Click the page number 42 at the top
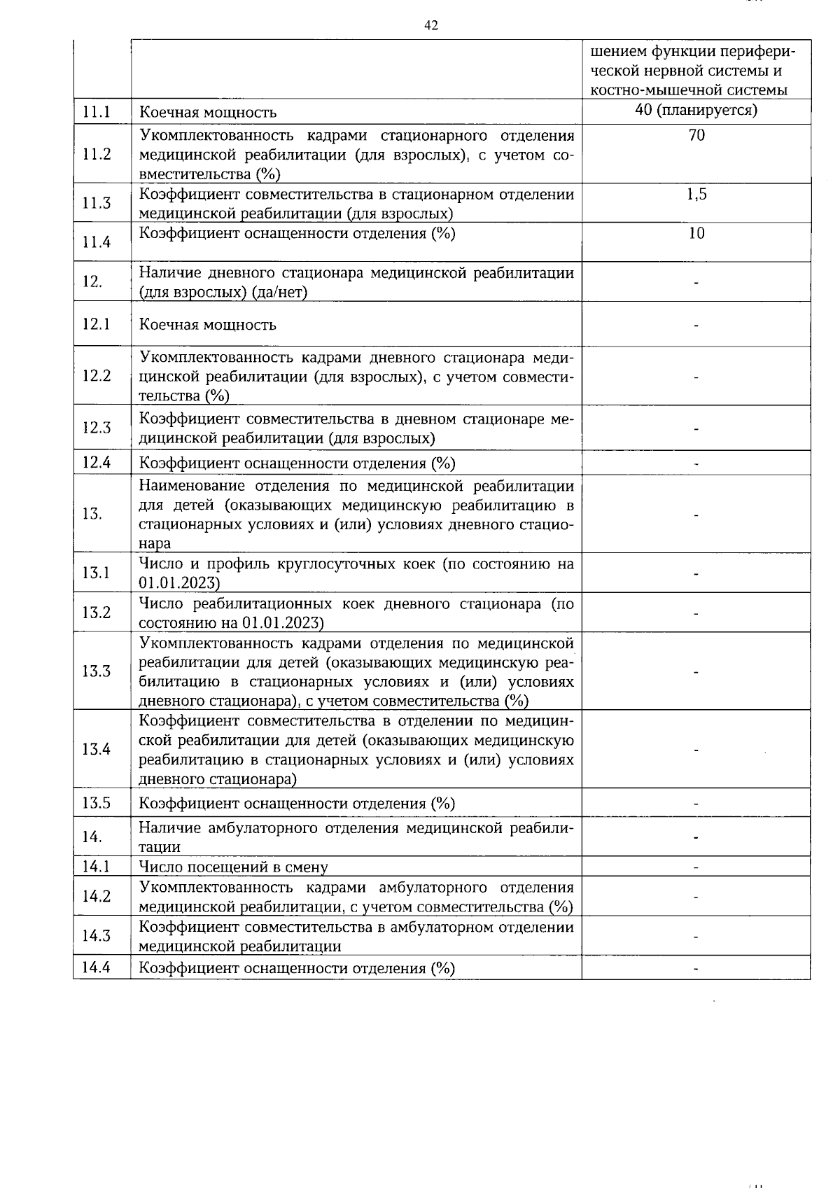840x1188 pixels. (x=431, y=26)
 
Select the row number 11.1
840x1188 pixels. (x=97, y=111)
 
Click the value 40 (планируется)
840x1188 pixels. (x=696, y=110)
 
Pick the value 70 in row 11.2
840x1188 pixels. (x=696, y=135)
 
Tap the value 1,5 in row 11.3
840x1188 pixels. (x=696, y=195)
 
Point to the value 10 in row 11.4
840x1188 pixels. (x=696, y=233)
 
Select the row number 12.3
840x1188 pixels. (x=97, y=427)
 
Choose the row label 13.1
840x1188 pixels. (x=97, y=573)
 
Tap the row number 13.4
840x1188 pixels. (x=97, y=749)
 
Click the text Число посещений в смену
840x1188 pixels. (x=233, y=867)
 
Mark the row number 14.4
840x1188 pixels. (x=97, y=967)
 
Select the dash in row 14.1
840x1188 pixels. (x=696, y=867)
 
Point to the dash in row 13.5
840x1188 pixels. (x=696, y=804)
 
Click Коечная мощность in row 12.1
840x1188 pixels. (x=208, y=325)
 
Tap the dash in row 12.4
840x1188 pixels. (x=696, y=463)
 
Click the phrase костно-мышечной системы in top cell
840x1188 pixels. (x=689, y=90)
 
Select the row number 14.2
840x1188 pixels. (x=97, y=896)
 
